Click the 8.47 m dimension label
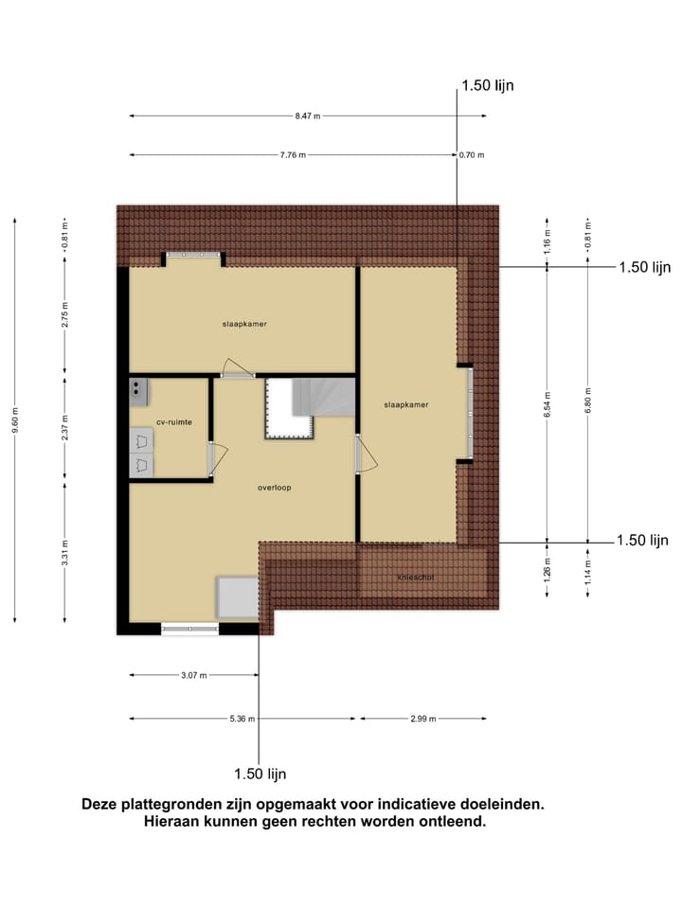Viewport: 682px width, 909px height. point(307,116)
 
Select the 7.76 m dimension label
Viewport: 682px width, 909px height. point(293,155)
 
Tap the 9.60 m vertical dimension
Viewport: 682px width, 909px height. point(15,418)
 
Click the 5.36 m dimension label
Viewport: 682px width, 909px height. point(242,719)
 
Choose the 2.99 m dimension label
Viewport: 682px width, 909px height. point(422,719)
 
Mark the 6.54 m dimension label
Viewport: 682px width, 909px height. point(547,404)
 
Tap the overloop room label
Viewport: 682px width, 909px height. point(274,489)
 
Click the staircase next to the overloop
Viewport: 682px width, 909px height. point(306,407)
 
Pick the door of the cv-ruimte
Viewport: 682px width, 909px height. point(211,459)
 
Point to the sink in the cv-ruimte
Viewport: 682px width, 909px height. point(138,386)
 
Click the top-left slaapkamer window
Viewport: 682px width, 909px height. point(193,256)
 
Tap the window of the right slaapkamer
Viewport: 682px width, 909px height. point(468,413)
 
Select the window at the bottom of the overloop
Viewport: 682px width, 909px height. point(189,627)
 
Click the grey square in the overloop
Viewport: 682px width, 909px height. point(237,597)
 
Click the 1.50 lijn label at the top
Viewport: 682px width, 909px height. point(488,86)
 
